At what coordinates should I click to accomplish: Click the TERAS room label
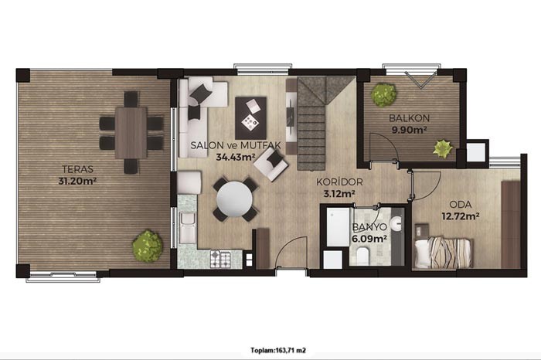pos(77,169)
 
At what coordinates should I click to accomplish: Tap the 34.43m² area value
pos(236,157)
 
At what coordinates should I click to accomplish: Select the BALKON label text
pos(409,118)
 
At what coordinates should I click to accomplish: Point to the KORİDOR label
pos(339,182)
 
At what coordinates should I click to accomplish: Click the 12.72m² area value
pos(461,216)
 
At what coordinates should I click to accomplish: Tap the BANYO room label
pos(369,227)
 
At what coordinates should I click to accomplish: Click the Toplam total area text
pos(278,351)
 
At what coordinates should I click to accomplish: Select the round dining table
pos(235,199)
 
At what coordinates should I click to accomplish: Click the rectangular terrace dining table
pos(131,133)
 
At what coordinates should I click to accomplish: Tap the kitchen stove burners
pos(220,260)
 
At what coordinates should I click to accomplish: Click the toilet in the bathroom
pos(362,256)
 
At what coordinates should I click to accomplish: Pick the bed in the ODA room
pos(443,252)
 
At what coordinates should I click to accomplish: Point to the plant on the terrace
pos(148,246)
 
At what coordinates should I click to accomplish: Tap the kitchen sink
pos(187,228)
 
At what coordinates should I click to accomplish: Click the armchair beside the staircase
pos(270,164)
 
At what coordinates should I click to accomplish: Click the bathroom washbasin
pos(397,224)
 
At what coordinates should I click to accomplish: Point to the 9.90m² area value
pos(409,130)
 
